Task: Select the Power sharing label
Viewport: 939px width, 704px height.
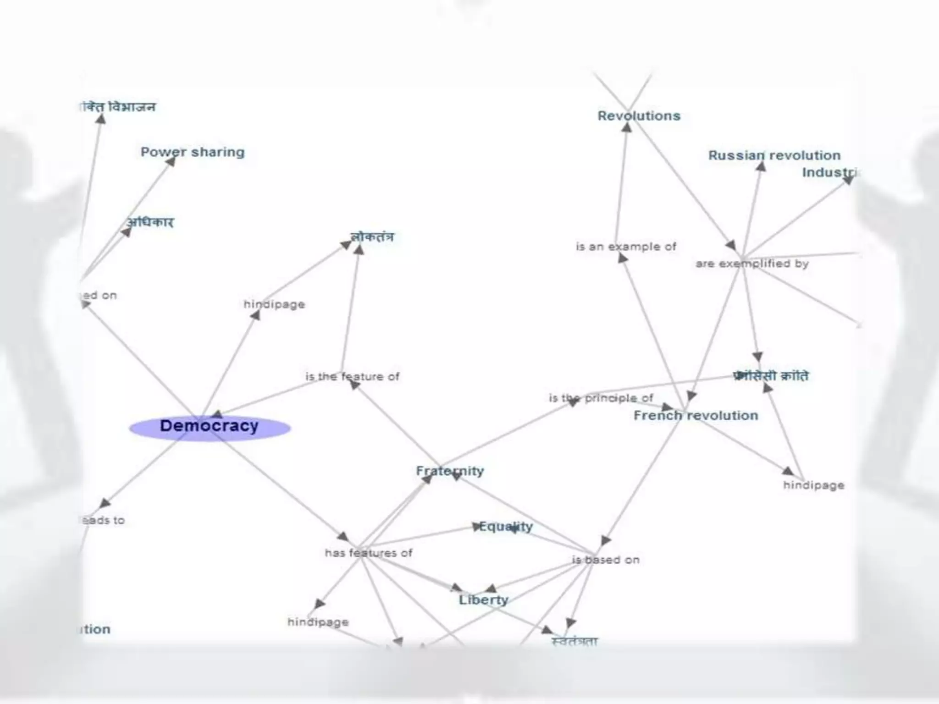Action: (193, 152)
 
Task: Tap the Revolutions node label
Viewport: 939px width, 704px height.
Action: (639, 116)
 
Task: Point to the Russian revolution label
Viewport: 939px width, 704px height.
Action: (774, 155)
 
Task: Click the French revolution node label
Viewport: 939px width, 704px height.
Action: (696, 416)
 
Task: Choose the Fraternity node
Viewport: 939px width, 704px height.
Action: (450, 471)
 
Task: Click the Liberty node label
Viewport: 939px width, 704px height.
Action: (484, 600)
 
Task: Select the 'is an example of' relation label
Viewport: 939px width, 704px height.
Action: (626, 247)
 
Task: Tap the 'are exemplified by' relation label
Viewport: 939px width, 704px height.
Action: (752, 264)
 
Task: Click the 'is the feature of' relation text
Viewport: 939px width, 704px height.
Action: (352, 377)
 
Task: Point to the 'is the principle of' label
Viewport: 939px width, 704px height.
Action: (601, 398)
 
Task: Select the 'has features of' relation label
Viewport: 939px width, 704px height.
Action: (369, 553)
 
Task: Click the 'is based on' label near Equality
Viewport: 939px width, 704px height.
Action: (606, 560)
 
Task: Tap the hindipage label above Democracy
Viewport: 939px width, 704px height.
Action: (274, 304)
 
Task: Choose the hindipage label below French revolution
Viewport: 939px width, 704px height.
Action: (813, 485)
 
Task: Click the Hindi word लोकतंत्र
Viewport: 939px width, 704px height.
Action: (372, 237)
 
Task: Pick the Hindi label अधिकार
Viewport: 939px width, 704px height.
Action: (150, 222)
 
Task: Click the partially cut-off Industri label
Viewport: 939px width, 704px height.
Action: (829, 172)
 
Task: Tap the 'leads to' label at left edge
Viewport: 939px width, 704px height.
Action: (103, 520)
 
